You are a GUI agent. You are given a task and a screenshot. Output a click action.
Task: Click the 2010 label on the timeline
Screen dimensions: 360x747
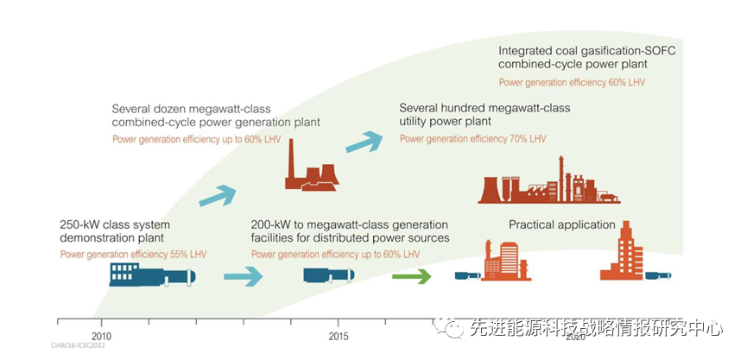pos(101,335)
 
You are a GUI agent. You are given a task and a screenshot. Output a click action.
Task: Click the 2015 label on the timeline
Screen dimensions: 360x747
pos(339,335)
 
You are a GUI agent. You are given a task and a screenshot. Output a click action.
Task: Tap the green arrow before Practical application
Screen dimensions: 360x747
pos(412,276)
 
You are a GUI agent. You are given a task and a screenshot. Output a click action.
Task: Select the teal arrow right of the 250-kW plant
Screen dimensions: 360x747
pos(243,276)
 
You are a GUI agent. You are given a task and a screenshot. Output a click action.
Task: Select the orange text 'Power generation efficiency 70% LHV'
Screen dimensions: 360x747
pos(473,138)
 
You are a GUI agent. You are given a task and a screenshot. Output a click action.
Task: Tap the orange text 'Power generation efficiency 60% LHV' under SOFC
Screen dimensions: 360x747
pos(572,83)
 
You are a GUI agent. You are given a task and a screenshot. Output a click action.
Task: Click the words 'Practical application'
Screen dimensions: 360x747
pos(562,225)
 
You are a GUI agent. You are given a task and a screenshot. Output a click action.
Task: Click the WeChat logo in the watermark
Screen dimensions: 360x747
pos(452,327)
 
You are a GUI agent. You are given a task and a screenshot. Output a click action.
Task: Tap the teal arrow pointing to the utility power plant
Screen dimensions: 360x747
pos(364,142)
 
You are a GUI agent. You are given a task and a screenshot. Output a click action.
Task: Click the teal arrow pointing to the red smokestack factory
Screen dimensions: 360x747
pos(218,194)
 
